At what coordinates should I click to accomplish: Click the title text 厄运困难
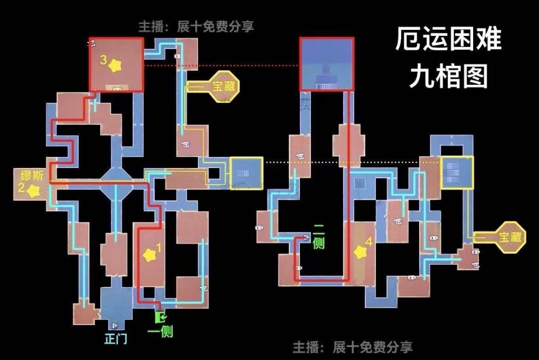448,39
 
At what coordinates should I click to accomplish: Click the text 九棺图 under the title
448,76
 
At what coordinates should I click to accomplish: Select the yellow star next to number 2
33,190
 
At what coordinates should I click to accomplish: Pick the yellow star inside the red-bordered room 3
115,65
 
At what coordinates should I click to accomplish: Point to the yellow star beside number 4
360,252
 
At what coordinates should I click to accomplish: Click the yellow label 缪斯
32,176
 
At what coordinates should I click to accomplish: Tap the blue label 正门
115,339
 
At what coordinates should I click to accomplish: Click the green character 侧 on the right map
318,243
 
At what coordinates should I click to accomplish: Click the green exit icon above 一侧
160,317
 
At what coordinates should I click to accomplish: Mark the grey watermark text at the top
196,26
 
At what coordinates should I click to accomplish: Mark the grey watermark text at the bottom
352,348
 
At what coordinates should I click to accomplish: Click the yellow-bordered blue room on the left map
246,173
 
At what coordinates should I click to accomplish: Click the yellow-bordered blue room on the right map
457,173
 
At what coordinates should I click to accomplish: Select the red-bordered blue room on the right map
327,64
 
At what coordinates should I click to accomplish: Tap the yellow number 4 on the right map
369,242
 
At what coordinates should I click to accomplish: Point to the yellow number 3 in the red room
103,60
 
